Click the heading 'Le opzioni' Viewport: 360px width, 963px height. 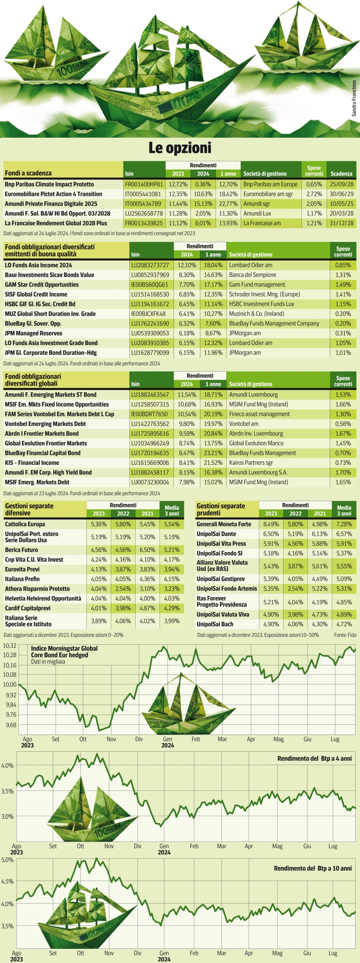[180, 148]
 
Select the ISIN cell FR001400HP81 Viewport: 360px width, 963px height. [144, 184]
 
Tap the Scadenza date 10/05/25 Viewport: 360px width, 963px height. [341, 204]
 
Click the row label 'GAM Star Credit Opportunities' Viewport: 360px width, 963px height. [41, 284]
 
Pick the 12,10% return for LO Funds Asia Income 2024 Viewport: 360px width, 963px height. [187, 265]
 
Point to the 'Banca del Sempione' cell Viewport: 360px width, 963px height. [252, 275]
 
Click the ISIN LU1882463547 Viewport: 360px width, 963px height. [150, 394]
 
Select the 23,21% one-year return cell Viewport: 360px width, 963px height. [213, 453]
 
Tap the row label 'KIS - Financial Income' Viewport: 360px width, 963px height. [32, 462]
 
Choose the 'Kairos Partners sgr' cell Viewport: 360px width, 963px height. [251, 462]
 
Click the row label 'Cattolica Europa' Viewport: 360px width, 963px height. [25, 524]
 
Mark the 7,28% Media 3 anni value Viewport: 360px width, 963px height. [344, 524]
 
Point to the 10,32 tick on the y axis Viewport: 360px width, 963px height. [10, 645]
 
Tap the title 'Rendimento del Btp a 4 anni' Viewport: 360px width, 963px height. [314, 759]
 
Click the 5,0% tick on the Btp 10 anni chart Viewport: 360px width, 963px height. [8, 860]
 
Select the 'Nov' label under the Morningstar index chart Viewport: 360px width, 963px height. [111, 739]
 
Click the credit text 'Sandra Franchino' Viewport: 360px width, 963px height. [354, 98]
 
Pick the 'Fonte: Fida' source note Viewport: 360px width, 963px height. [345, 635]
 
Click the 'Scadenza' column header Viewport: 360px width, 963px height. [341, 174]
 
